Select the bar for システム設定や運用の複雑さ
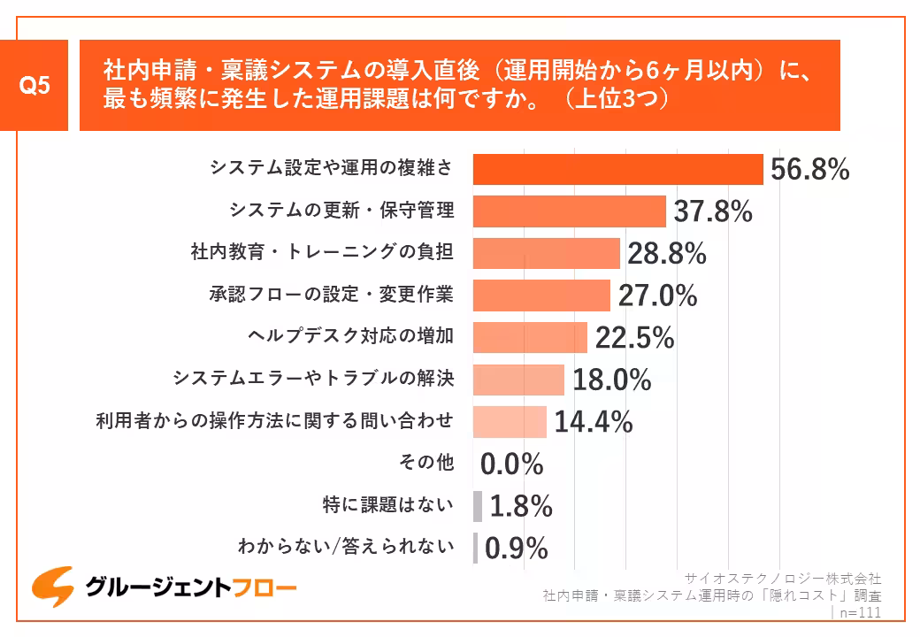click(617, 169)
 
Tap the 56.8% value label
click(809, 170)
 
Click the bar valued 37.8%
click(569, 211)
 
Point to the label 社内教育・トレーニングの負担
click(322, 252)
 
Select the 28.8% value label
click(666, 254)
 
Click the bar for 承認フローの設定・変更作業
click(541, 295)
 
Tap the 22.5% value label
click(634, 338)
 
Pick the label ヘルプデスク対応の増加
click(350, 336)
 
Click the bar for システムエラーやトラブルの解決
click(518, 380)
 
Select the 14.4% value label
click(593, 422)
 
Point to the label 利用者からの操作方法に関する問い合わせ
click(274, 420)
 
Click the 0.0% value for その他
click(511, 464)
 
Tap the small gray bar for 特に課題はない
click(478, 506)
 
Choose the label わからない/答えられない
click(346, 547)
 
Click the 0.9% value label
click(517, 549)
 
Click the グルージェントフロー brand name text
click(190, 587)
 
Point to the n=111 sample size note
click(858, 612)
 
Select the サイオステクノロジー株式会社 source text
click(783, 579)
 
